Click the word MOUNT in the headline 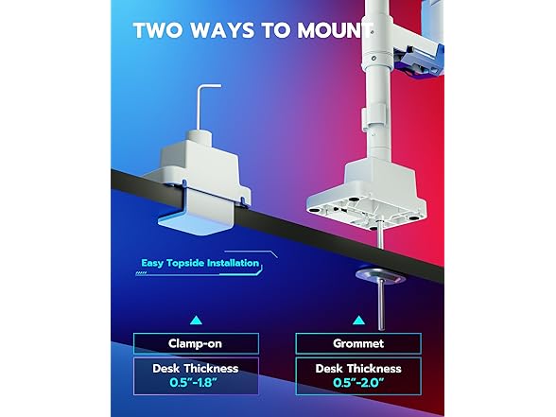coord(335,30)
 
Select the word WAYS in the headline coord(223,30)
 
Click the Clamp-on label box coord(196,343)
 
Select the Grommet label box coord(358,343)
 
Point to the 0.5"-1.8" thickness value coord(193,383)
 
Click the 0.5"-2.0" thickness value coord(358,383)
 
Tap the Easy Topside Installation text coord(200,263)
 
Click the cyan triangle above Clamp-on coord(196,321)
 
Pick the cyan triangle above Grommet coord(359,321)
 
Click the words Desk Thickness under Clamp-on coord(196,369)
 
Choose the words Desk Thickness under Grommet coord(358,369)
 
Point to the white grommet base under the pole coord(367,195)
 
